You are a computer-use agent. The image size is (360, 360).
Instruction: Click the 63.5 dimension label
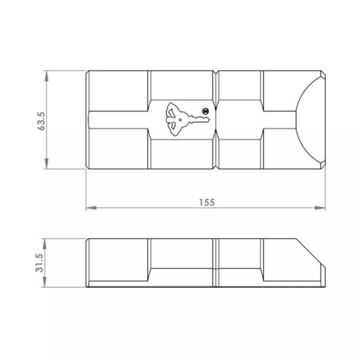click(41, 121)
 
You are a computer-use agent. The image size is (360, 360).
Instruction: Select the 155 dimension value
click(207, 202)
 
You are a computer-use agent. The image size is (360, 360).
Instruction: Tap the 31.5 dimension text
click(39, 263)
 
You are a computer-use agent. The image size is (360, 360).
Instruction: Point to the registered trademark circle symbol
click(206, 111)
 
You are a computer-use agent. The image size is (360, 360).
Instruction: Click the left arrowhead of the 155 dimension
click(91, 208)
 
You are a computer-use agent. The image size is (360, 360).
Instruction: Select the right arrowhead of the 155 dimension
click(320, 208)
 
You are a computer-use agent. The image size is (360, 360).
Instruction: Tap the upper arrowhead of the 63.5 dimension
click(46, 76)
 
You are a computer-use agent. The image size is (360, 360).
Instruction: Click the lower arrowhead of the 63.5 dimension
click(46, 164)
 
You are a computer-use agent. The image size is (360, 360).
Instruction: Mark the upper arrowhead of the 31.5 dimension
click(45, 244)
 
